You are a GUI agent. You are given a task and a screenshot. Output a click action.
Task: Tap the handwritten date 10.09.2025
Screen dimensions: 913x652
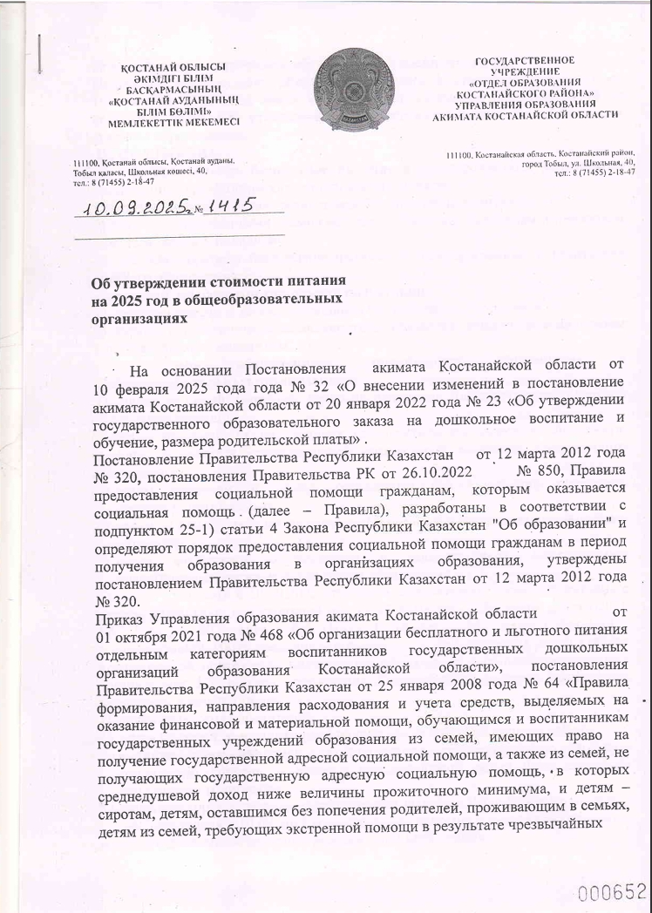pyautogui.click(x=141, y=209)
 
